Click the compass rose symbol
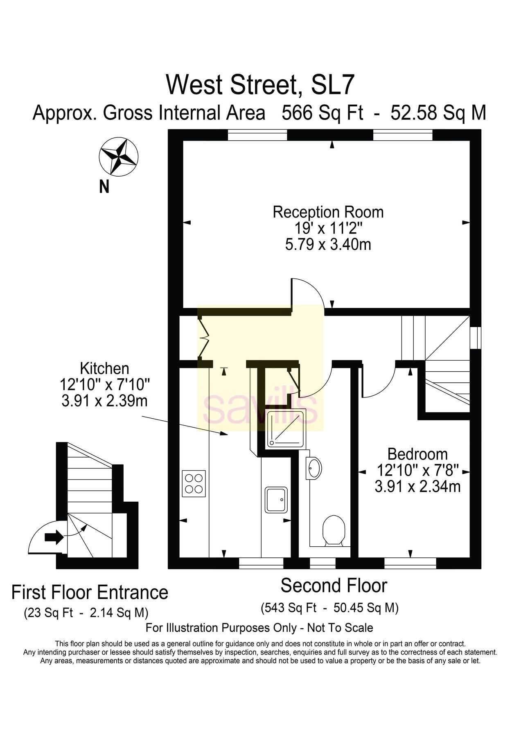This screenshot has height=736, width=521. click(x=119, y=157)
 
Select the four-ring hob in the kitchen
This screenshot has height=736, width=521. click(x=194, y=483)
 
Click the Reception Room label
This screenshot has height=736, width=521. click(x=328, y=212)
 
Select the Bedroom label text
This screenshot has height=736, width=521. click(x=417, y=454)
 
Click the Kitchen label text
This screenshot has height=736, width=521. click(x=104, y=368)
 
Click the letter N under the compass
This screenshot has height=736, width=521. click(x=104, y=187)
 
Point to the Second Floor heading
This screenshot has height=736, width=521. click(x=334, y=586)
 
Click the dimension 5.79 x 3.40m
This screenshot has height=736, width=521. click(x=328, y=245)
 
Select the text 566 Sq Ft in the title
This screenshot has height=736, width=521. click(x=323, y=113)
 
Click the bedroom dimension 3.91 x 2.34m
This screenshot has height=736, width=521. click(x=417, y=487)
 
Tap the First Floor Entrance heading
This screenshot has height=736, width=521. click(x=90, y=592)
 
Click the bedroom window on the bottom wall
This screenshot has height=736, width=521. click(x=410, y=563)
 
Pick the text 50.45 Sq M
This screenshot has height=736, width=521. click(x=366, y=608)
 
